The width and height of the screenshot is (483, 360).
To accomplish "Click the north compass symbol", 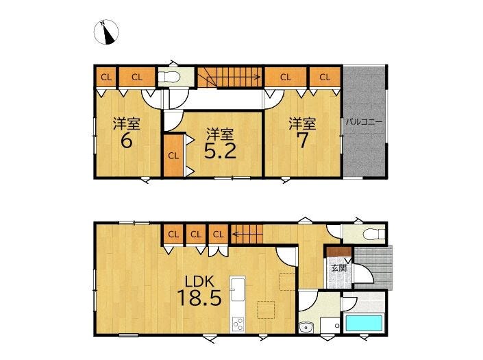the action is (x=106, y=32).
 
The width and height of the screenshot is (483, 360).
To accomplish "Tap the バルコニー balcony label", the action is (x=364, y=122).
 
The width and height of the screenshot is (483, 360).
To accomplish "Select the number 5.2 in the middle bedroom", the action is (x=220, y=151).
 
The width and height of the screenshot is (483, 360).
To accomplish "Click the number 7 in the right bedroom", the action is (x=303, y=141).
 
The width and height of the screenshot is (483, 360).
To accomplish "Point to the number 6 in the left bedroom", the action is (x=126, y=141).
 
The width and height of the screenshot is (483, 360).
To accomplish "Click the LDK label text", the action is (x=199, y=282).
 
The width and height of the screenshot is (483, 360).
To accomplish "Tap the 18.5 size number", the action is (x=199, y=298).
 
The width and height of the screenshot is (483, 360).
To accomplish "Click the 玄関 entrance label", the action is (x=339, y=268).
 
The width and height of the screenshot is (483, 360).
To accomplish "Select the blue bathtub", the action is (x=364, y=323).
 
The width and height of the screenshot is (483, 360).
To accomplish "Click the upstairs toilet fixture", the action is (x=169, y=77).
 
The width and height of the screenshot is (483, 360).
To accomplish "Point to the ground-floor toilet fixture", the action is (x=373, y=235).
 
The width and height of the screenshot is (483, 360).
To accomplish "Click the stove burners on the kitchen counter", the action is (x=238, y=324).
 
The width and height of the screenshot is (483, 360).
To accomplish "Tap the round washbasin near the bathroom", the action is (x=306, y=327).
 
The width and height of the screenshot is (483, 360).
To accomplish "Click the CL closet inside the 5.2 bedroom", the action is (x=173, y=156).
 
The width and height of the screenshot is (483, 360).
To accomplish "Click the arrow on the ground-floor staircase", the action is (x=247, y=234).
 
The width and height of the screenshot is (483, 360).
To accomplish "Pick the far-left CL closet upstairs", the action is (x=106, y=77).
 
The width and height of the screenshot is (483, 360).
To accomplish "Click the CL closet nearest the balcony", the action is (x=325, y=77).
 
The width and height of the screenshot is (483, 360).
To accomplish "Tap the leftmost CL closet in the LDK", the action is (x=173, y=235).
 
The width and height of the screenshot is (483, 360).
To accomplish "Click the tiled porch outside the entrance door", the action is (x=373, y=267).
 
